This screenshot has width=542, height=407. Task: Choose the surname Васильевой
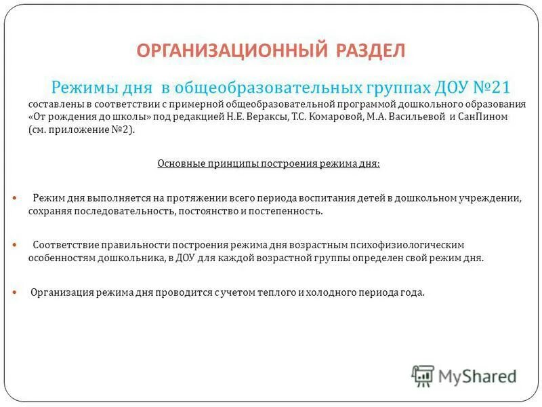click(x=394, y=117)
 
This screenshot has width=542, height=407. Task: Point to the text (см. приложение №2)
click(x=82, y=130)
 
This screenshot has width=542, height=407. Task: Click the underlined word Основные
click(x=180, y=163)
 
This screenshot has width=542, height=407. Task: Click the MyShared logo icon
click(x=423, y=375)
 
